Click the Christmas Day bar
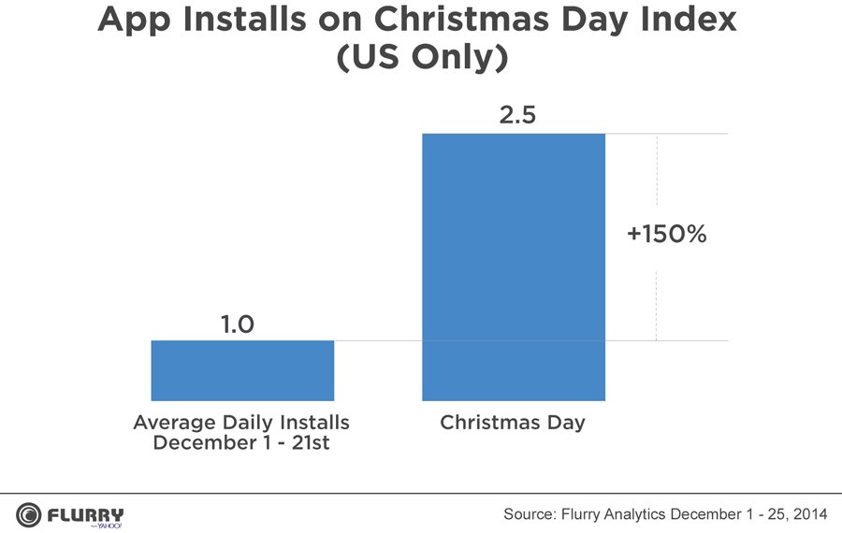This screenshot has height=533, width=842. [514, 266]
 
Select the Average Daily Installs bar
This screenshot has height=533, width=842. [242, 370]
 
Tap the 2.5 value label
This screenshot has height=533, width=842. [514, 116]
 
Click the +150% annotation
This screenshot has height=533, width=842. [667, 235]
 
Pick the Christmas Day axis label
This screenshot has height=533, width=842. [513, 423]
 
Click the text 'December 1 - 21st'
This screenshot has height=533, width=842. [241, 442]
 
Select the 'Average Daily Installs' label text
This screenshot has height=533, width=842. [241, 423]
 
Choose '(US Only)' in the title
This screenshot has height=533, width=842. [421, 58]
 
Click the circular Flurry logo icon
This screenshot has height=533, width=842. [28, 514]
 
